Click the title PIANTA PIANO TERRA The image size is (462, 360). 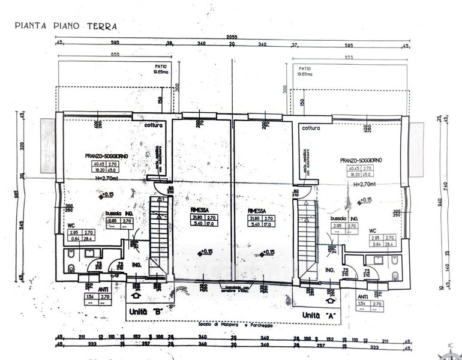click(x=66, y=26)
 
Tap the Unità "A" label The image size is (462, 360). click(x=318, y=315)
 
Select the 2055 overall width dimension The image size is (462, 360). click(x=231, y=37)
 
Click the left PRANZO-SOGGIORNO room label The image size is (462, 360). click(x=106, y=155)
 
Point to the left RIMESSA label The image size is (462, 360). click(x=199, y=210)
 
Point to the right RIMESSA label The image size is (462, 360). click(x=257, y=211)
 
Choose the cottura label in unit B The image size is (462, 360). click(x=154, y=125)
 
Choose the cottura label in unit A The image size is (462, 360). click(x=311, y=128)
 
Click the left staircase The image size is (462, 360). click(x=158, y=234)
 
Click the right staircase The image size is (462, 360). click(x=307, y=237)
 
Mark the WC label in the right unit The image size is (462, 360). click(x=373, y=230)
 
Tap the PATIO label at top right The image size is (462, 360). click(x=305, y=68)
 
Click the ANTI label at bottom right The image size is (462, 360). click(x=363, y=296)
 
